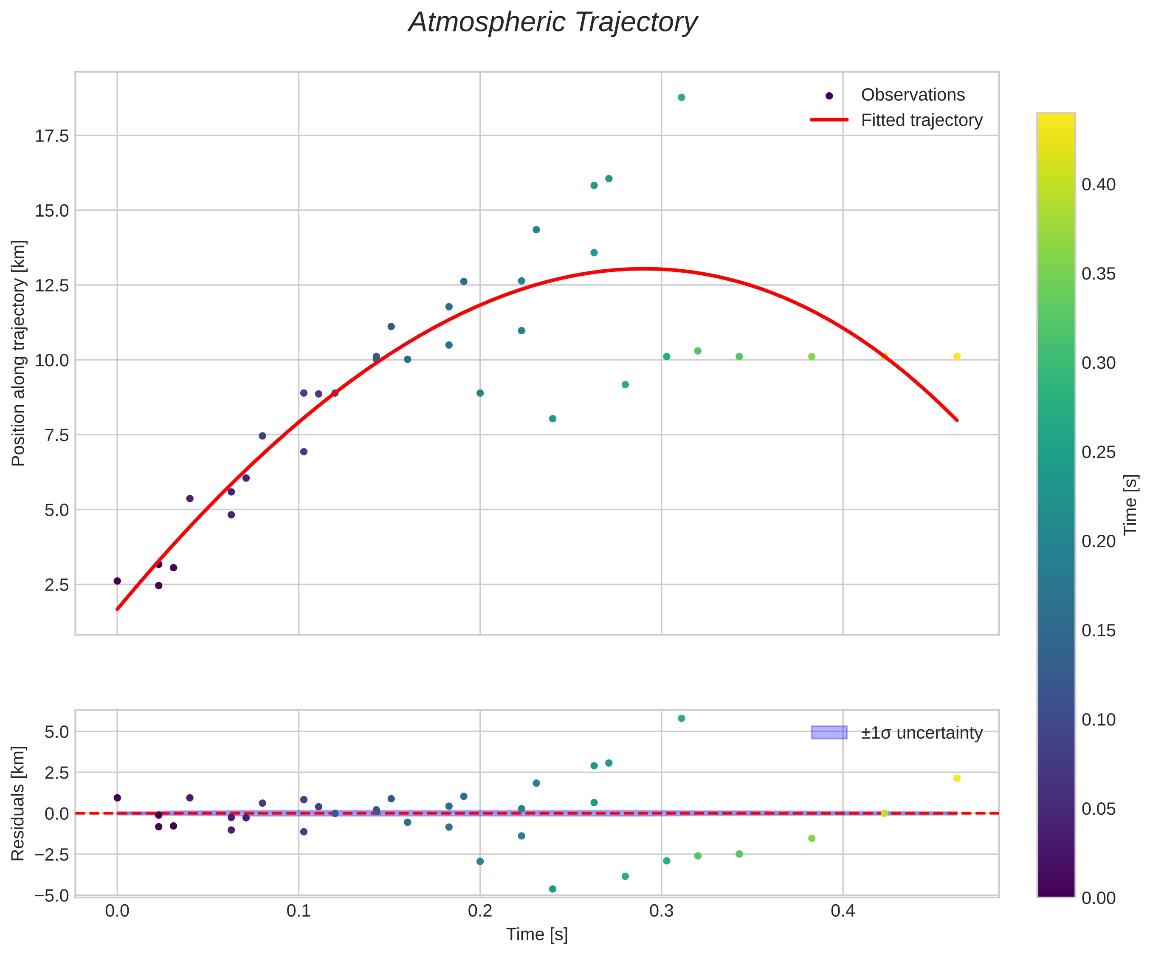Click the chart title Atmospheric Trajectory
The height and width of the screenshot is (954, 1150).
tap(552, 23)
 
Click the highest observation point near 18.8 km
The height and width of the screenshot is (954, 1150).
tap(681, 97)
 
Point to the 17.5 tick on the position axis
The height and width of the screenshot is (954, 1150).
tap(52, 136)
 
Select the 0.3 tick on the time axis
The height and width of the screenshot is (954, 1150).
tap(662, 911)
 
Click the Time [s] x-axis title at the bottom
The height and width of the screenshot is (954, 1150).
tap(537, 934)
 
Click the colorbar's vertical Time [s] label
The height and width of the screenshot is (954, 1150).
tap(1130, 504)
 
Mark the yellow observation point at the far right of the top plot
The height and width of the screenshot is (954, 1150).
tap(957, 356)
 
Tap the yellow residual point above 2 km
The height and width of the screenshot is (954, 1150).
tap(957, 778)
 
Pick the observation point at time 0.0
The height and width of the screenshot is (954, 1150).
tap(117, 581)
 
